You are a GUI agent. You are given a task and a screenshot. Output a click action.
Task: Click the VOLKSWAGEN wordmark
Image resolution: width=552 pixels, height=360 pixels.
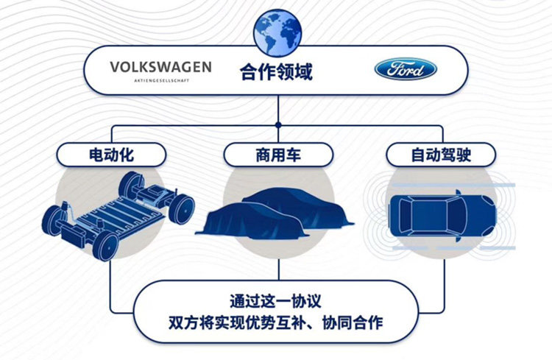tap(160, 67)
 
